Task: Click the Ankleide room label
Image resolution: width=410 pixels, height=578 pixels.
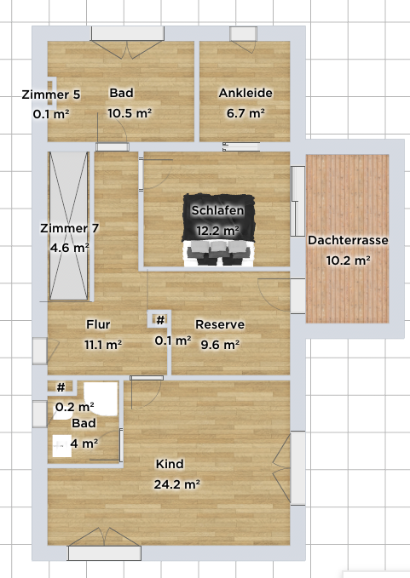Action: (x=245, y=93)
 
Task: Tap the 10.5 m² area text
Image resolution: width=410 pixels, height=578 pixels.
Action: (x=130, y=113)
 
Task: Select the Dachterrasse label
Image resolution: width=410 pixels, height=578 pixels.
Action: (x=348, y=240)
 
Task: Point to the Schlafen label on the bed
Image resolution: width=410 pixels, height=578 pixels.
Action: (x=217, y=210)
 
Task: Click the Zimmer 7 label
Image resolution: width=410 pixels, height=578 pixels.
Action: (x=69, y=228)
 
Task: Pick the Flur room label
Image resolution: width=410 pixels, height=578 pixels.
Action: (x=98, y=324)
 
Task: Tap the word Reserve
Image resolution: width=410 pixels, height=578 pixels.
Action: (x=220, y=324)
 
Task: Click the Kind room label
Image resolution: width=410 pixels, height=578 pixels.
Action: (x=170, y=464)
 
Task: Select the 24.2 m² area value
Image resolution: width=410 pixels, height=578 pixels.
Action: (x=177, y=484)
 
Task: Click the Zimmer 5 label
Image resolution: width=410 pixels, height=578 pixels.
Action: (x=51, y=94)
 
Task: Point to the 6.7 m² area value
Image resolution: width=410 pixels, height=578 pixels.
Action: (x=245, y=113)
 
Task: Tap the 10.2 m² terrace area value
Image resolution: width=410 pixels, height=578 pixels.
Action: (x=349, y=260)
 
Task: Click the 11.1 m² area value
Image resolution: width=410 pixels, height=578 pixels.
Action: (x=103, y=345)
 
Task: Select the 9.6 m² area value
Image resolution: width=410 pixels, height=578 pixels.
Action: (x=220, y=345)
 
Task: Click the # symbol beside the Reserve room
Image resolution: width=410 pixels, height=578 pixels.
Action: (x=160, y=320)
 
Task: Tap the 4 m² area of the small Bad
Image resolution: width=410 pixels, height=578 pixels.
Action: (x=84, y=444)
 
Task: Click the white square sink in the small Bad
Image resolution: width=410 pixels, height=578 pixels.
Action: (x=61, y=446)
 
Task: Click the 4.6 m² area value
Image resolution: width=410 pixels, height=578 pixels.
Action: (x=70, y=248)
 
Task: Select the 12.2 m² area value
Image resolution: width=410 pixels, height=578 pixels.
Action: (x=217, y=231)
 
